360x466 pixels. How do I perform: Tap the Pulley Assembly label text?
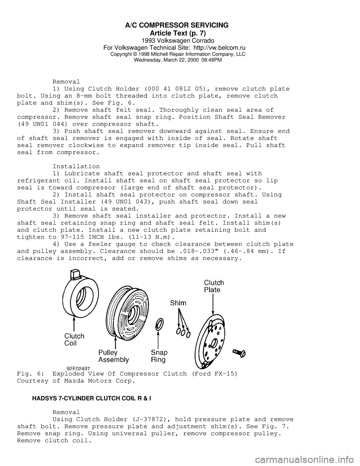(x=113, y=356)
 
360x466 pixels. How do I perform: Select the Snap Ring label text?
(x=159, y=356)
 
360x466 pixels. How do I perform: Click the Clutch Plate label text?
(x=214, y=286)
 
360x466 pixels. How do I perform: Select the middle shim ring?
(x=183, y=332)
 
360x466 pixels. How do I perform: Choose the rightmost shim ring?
(x=188, y=334)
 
